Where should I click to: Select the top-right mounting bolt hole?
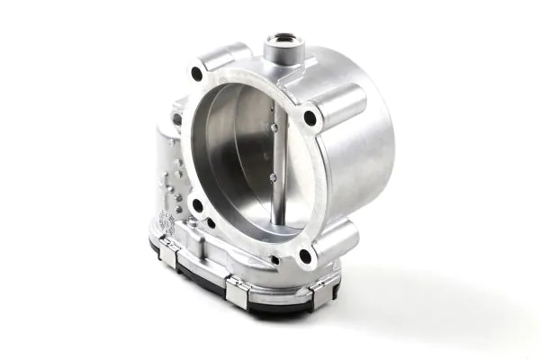pyautogui.click(x=310, y=117)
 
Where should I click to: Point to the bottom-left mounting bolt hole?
pyautogui.click(x=196, y=205)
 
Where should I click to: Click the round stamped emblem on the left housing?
pyautogui.click(x=166, y=220)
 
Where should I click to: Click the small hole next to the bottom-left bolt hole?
pyautogui.click(x=211, y=221)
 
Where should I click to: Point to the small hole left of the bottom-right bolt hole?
pyautogui.click(x=274, y=261)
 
